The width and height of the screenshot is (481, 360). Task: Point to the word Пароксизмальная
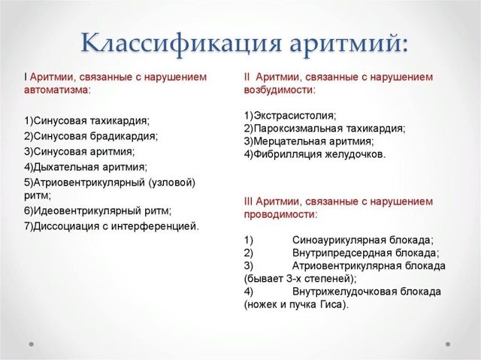tap(295, 128)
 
